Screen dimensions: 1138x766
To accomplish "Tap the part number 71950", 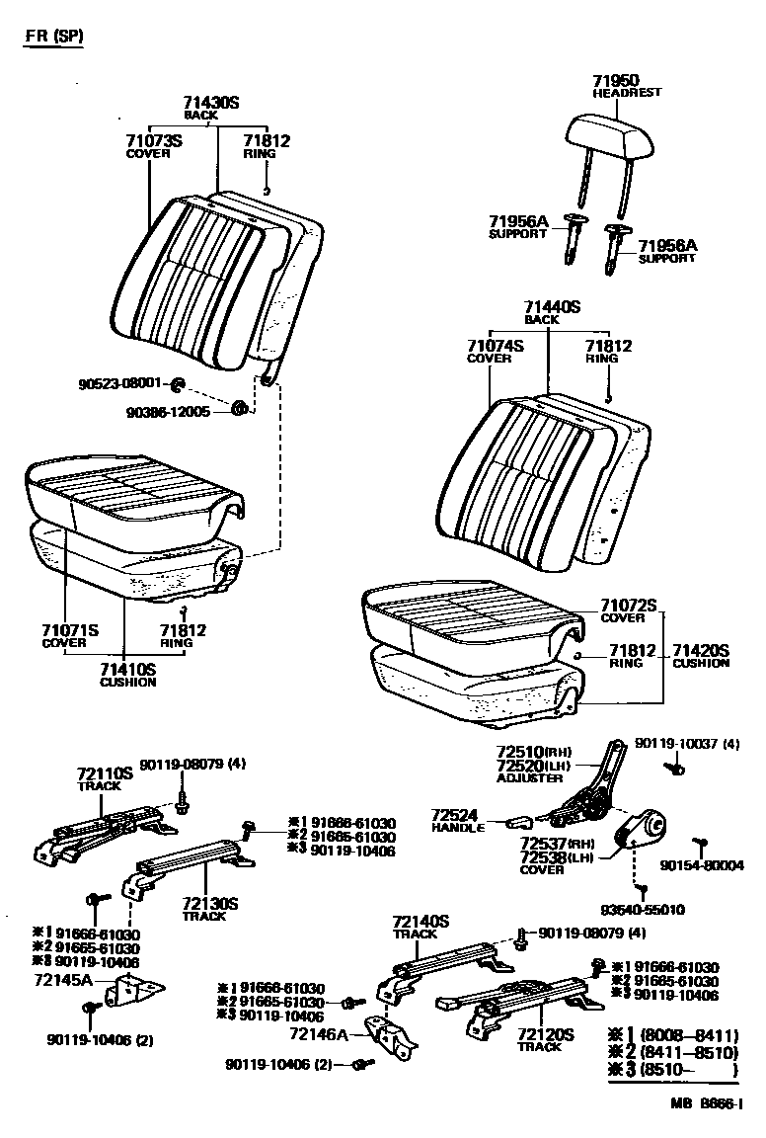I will pos(616,80).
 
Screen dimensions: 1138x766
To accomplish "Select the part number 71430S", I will pos(211,103).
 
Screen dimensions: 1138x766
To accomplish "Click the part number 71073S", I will pos(154,141).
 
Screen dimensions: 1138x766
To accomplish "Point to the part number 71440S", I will pos(552,308).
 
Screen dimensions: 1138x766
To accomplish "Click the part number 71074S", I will pos(495,346).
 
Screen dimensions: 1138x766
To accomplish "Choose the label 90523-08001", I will pos(121,383).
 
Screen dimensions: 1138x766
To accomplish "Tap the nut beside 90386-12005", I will pos(238,407).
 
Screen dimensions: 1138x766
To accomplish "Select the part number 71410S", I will pos(127,670).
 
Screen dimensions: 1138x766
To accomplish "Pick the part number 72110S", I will pos(105,774).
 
